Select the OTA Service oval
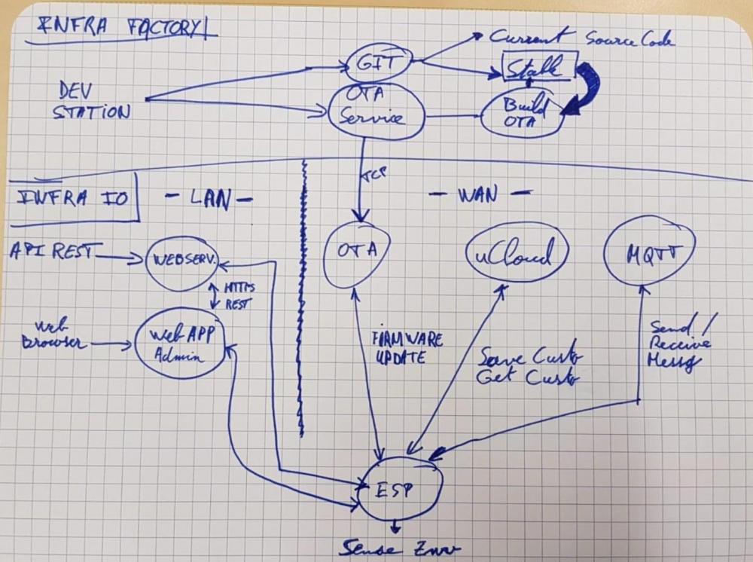click(x=376, y=110)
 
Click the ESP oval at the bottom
click(x=398, y=490)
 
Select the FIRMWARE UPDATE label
click(x=406, y=347)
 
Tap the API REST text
click(x=50, y=252)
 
